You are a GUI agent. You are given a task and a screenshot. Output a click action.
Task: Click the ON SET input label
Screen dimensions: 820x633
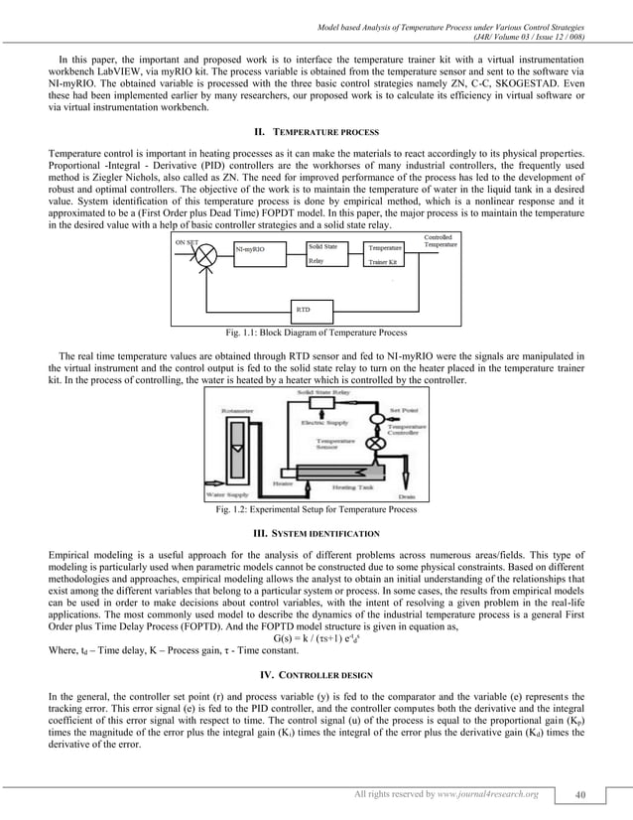[x=187, y=240]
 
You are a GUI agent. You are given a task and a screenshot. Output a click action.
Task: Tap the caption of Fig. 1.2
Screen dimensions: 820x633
[x=316, y=511]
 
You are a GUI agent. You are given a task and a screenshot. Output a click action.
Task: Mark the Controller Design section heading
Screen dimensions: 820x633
[x=316, y=675]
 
